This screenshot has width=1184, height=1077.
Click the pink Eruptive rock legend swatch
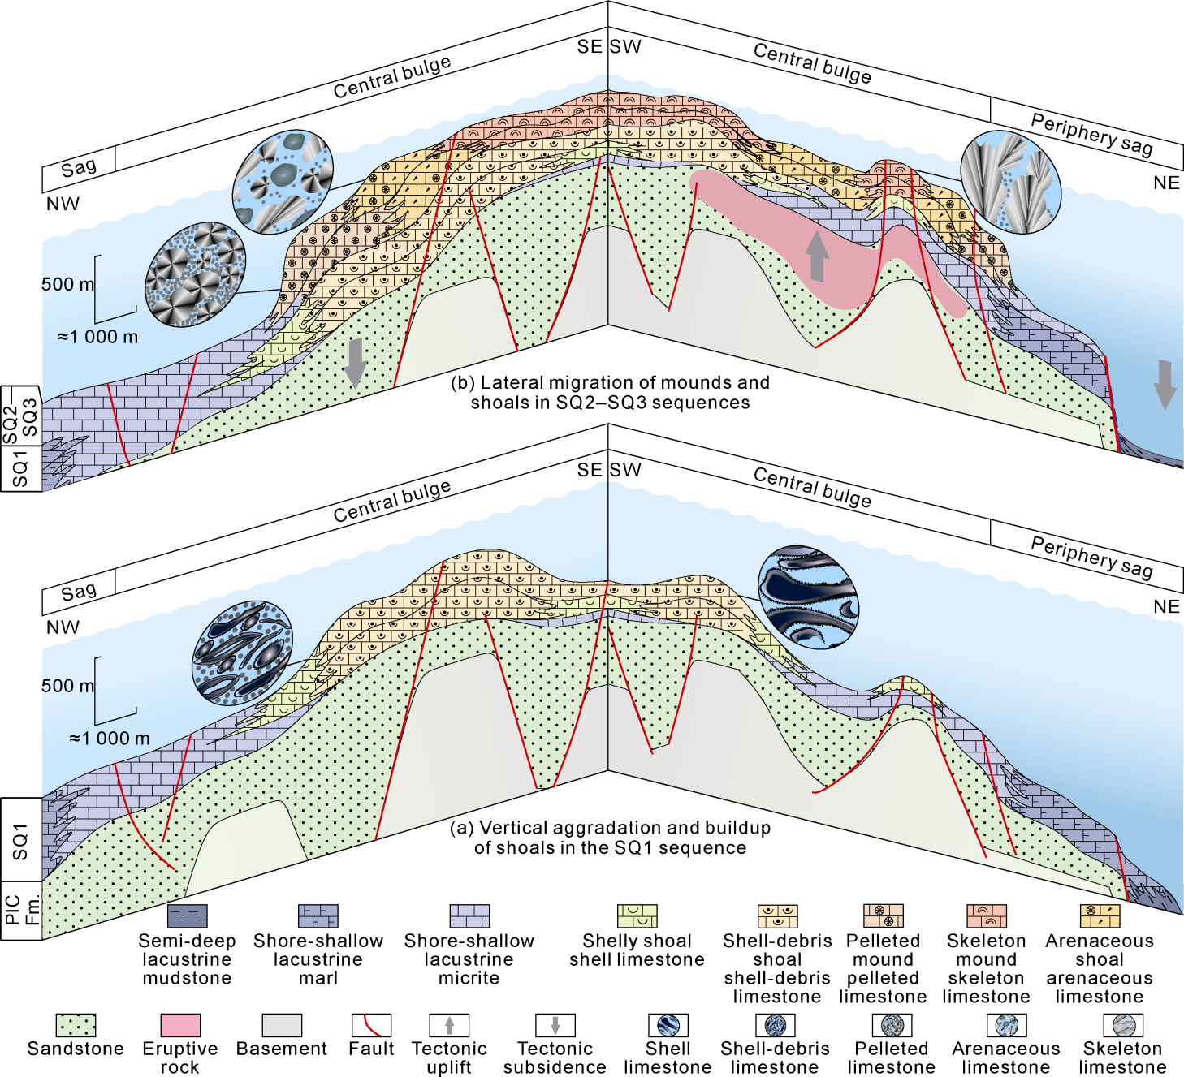click(180, 1025)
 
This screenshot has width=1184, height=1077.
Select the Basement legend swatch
click(282, 1025)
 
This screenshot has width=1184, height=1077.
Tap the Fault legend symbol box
click(371, 1025)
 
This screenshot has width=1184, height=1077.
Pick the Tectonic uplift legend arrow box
click(449, 1025)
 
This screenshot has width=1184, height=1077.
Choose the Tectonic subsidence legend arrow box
click(555, 1025)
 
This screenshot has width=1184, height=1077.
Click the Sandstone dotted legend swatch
click(76, 1025)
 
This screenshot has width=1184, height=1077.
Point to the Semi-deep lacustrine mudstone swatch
click(187, 916)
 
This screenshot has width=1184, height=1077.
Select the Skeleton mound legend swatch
click(987, 916)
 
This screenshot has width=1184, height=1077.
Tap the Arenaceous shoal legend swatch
click(1100, 916)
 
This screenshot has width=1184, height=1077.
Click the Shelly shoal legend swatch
click(637, 916)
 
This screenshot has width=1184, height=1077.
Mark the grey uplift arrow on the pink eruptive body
click(817, 256)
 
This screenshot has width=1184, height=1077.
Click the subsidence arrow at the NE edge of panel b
click(1165, 383)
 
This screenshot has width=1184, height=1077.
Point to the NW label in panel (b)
click(63, 204)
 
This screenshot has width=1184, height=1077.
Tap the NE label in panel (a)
click(1166, 606)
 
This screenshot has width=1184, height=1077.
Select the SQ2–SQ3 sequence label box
click(20, 416)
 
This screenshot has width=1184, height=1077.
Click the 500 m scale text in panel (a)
click(67, 686)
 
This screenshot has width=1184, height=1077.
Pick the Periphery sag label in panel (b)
click(1091, 134)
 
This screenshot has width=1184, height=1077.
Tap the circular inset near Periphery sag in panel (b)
click(1010, 183)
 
